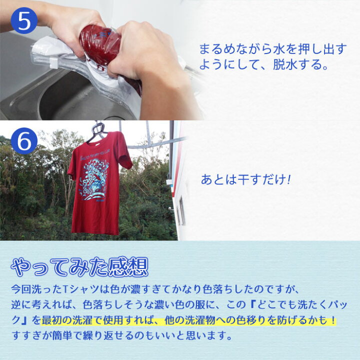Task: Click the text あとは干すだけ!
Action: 245,179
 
